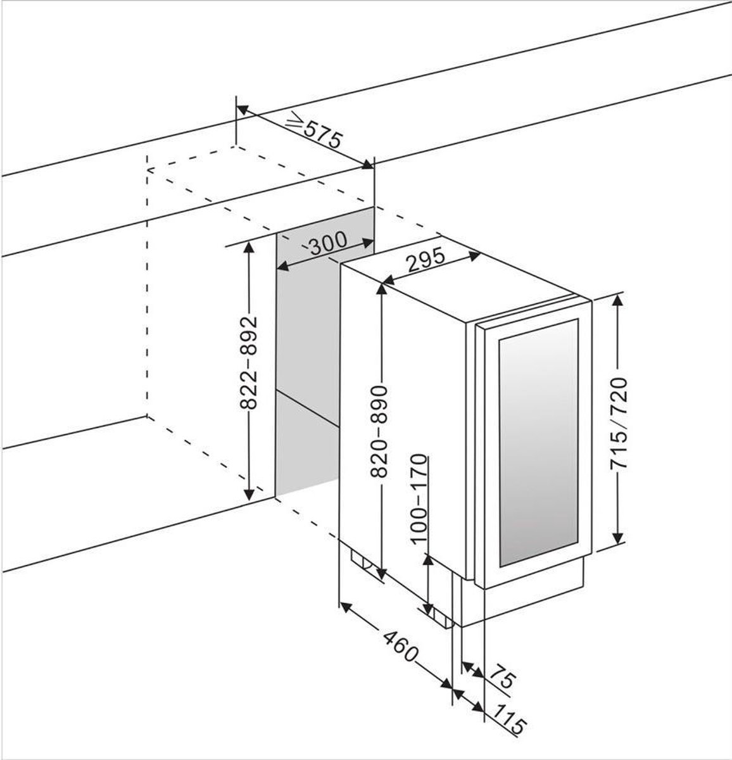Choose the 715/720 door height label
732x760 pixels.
(x=619, y=423)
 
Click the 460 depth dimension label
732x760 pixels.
(x=401, y=645)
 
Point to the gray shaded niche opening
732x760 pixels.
(x=307, y=367)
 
